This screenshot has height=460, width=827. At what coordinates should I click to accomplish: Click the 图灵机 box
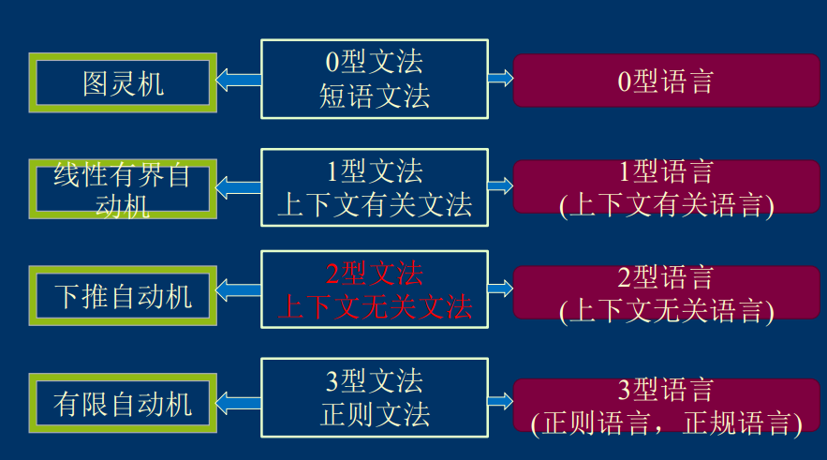click(123, 83)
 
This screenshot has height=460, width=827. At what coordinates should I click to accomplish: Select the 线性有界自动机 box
click(123, 189)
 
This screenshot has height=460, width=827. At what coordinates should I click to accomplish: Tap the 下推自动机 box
click(123, 296)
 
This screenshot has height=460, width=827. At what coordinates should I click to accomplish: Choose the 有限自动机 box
click(123, 403)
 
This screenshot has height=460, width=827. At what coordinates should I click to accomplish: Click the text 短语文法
click(375, 96)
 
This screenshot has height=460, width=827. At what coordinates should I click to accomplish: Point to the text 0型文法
click(375, 62)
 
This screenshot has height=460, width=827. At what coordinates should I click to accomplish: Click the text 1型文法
click(375, 170)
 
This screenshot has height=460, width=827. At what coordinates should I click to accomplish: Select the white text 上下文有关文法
click(375, 204)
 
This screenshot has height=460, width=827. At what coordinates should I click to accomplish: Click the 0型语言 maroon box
click(666, 81)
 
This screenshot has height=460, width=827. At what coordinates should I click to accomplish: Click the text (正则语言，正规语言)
click(666, 424)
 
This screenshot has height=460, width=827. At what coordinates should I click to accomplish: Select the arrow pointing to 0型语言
click(501, 79)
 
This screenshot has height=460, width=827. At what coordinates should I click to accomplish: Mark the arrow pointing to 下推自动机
click(238, 291)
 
